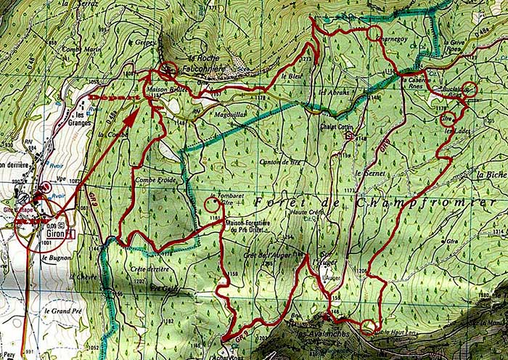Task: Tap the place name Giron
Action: [52, 236]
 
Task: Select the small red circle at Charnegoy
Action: [374, 33]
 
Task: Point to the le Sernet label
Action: [369, 175]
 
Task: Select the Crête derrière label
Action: [149, 269]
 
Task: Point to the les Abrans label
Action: [335, 92]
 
